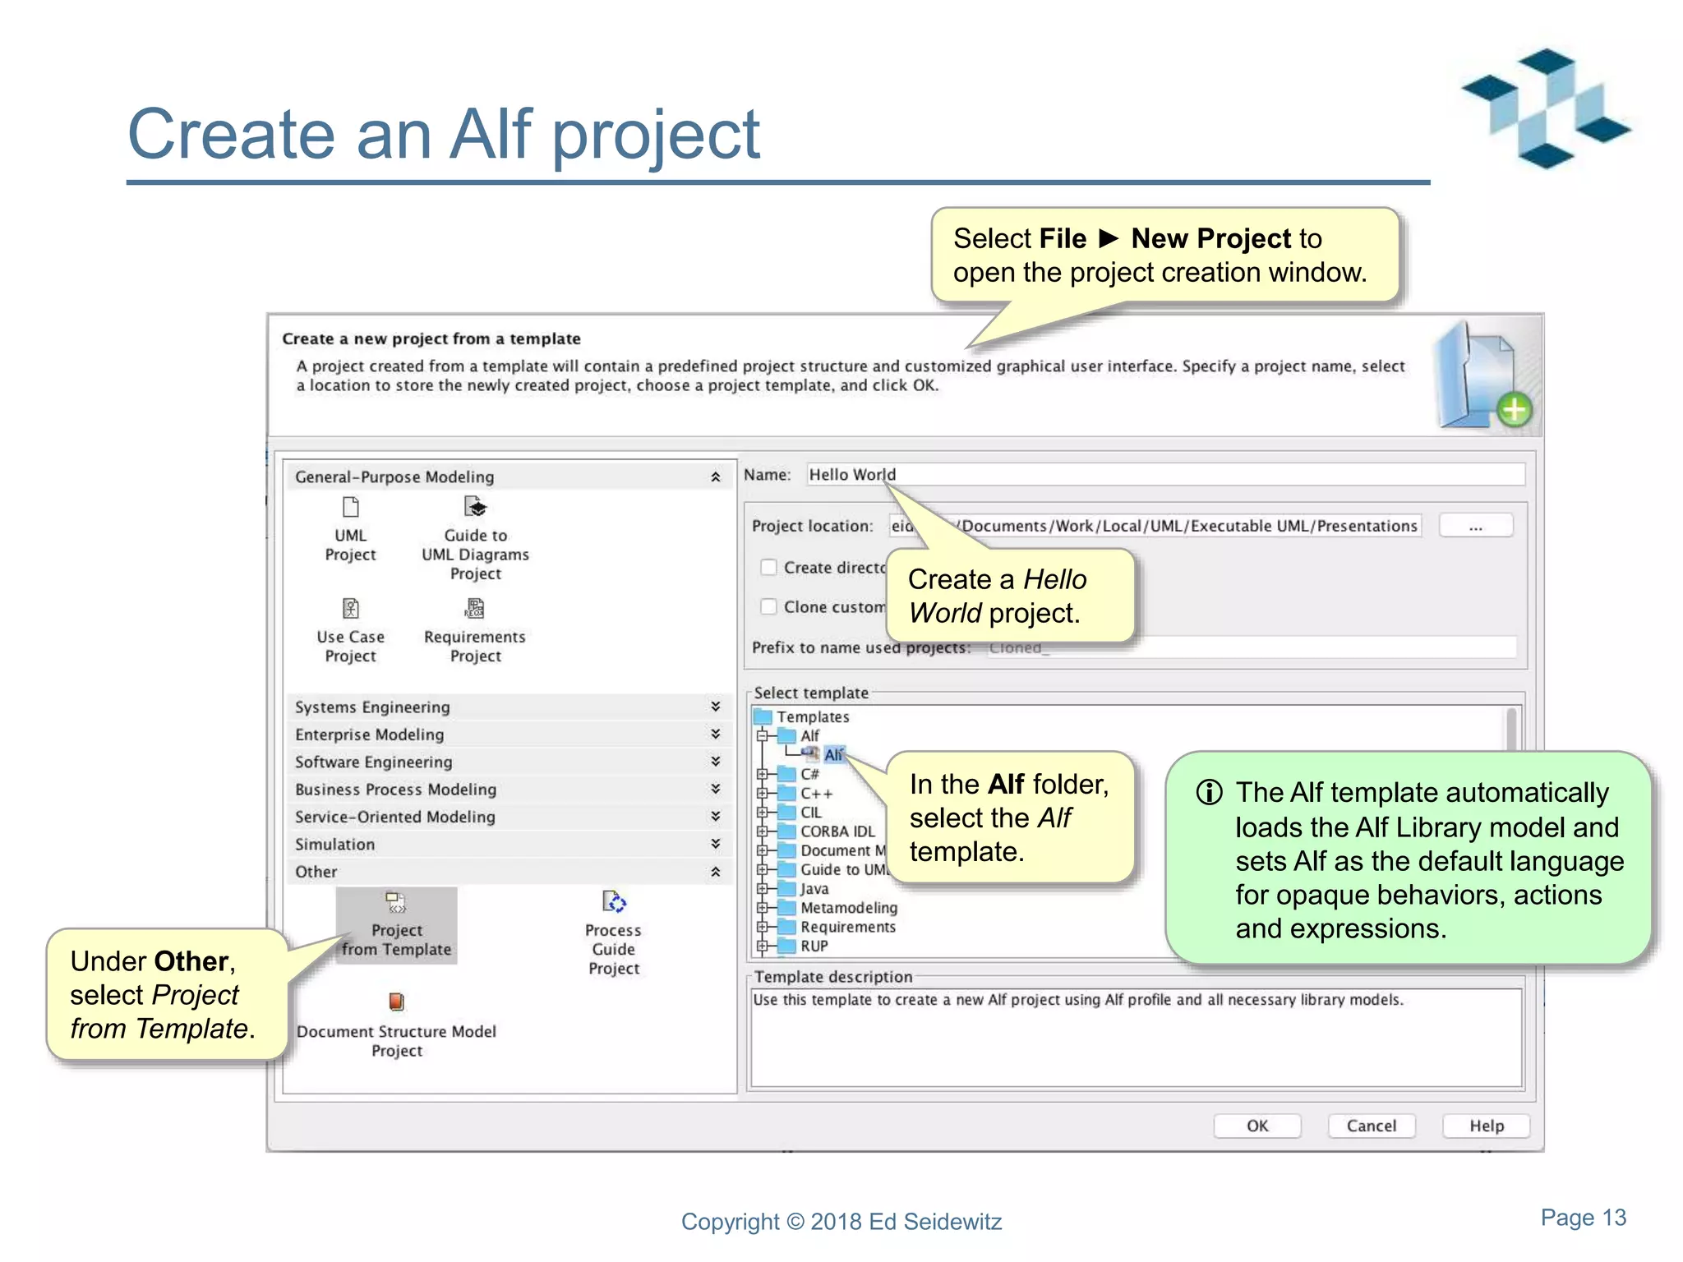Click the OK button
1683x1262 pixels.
[1256, 1126]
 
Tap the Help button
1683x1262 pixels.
[1486, 1126]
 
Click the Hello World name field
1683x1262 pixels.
[1150, 474]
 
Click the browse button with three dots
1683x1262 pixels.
[1476, 526]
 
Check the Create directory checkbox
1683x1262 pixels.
[768, 567]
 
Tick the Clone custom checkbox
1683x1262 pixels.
[768, 606]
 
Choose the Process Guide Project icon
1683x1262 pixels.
[614, 903]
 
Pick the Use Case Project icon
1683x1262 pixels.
[351, 609]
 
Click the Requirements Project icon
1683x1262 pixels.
[475, 609]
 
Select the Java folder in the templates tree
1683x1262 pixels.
[814, 888]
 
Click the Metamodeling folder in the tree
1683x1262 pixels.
[848, 907]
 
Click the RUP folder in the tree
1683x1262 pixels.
[814, 946]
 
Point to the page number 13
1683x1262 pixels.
[1614, 1217]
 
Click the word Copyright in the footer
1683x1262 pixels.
[730, 1222]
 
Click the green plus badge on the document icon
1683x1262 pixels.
[1514, 409]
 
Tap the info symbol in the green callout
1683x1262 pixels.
[1209, 792]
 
